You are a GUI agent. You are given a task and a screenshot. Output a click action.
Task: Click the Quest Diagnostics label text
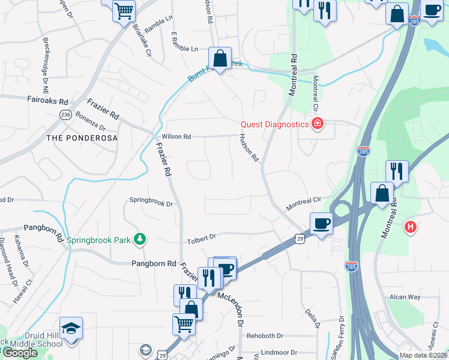(274, 125)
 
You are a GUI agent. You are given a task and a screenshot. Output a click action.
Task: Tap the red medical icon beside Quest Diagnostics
(317, 125)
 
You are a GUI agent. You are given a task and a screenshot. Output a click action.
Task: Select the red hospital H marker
(411, 227)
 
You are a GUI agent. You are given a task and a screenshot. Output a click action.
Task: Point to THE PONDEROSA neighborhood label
(82, 138)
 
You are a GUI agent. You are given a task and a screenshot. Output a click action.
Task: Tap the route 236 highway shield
(66, 115)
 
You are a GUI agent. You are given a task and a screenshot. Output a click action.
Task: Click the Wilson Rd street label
(176, 137)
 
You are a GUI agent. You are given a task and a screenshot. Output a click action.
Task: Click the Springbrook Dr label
(151, 203)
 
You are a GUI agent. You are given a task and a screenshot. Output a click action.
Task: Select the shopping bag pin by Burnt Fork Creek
(220, 59)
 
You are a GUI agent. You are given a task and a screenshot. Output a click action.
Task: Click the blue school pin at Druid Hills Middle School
(71, 329)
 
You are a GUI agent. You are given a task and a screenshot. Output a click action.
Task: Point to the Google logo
(20, 352)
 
